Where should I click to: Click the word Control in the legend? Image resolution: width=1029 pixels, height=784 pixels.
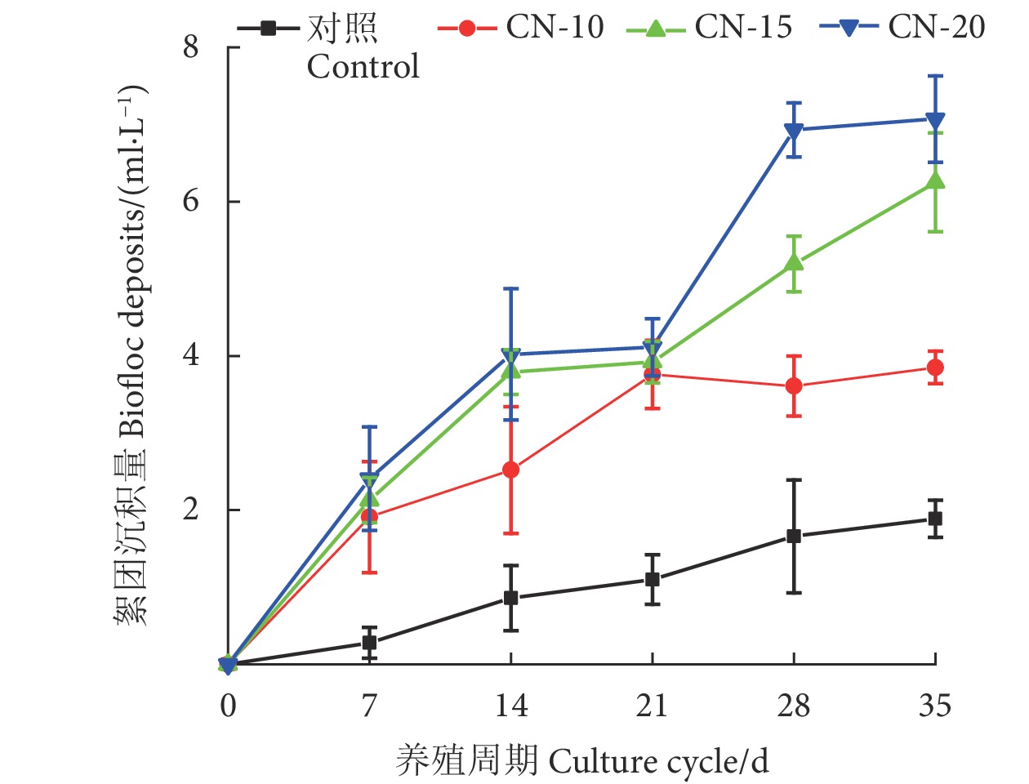[363, 66]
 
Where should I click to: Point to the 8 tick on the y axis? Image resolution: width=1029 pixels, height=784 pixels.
[191, 47]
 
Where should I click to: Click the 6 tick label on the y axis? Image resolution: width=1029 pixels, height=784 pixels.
[191, 201]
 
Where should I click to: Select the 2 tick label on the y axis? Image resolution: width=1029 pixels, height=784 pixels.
[191, 510]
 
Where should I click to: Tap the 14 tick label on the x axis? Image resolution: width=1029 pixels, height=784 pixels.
[511, 706]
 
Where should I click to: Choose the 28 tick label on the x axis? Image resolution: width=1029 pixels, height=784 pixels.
[793, 706]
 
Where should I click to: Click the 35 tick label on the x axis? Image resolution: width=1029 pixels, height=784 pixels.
[935, 706]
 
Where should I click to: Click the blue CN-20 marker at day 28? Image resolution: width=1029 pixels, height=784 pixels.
[794, 131]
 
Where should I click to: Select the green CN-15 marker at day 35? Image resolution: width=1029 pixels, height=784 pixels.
[935, 180]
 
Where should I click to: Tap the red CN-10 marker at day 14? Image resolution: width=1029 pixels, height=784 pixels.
[511, 470]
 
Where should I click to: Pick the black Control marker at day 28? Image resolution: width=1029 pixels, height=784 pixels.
[794, 537]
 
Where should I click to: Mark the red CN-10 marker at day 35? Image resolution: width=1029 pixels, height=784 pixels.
[935, 367]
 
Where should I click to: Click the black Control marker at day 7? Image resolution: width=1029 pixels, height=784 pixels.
[369, 643]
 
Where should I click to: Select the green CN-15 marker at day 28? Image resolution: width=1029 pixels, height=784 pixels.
[794, 262]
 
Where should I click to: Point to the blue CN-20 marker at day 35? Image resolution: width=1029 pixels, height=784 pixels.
[935, 120]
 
